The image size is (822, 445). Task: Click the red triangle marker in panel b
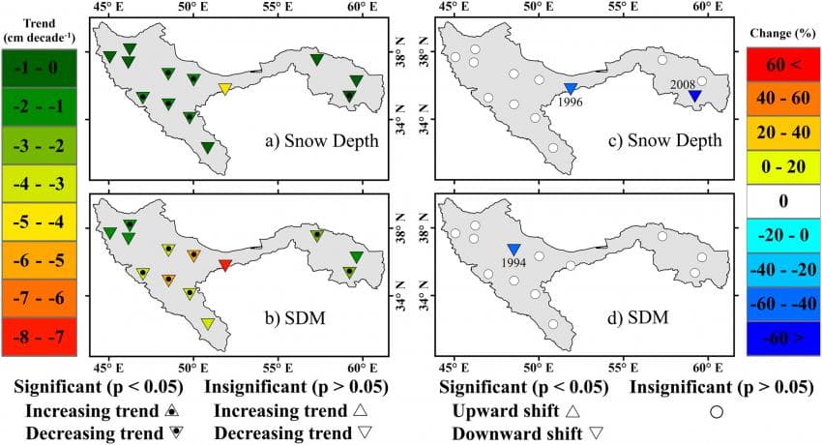pos(224,265)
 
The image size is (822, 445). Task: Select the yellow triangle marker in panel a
pos(224,89)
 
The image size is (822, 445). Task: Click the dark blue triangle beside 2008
pos(693,96)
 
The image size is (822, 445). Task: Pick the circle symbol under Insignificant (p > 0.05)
pos(717,412)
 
